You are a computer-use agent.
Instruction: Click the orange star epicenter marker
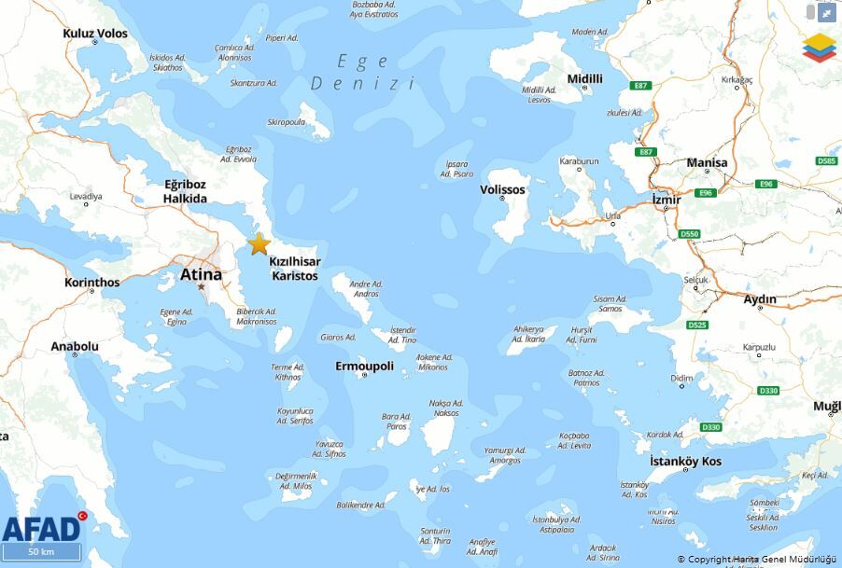tap(259, 244)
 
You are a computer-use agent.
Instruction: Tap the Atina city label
tap(201, 274)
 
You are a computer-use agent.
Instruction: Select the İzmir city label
tap(667, 200)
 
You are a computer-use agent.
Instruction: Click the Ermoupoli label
tap(364, 366)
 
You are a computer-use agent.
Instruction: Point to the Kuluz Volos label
tap(95, 34)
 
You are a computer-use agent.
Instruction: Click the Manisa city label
tap(706, 163)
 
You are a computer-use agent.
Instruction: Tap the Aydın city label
tap(759, 299)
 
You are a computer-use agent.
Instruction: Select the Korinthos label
tap(91, 282)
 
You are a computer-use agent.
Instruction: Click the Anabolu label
tap(75, 346)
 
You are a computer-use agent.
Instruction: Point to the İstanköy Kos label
tap(685, 462)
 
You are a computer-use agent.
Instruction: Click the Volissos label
tap(502, 189)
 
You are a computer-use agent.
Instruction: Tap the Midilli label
tap(584, 78)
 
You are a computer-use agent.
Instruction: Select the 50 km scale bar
tap(41, 552)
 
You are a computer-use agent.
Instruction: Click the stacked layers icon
tap(820, 47)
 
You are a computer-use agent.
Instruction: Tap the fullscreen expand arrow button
tap(826, 12)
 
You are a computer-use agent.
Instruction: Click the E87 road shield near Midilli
tap(640, 86)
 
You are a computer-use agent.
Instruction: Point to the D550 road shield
tap(689, 233)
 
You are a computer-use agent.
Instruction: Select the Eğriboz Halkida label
tap(185, 191)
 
